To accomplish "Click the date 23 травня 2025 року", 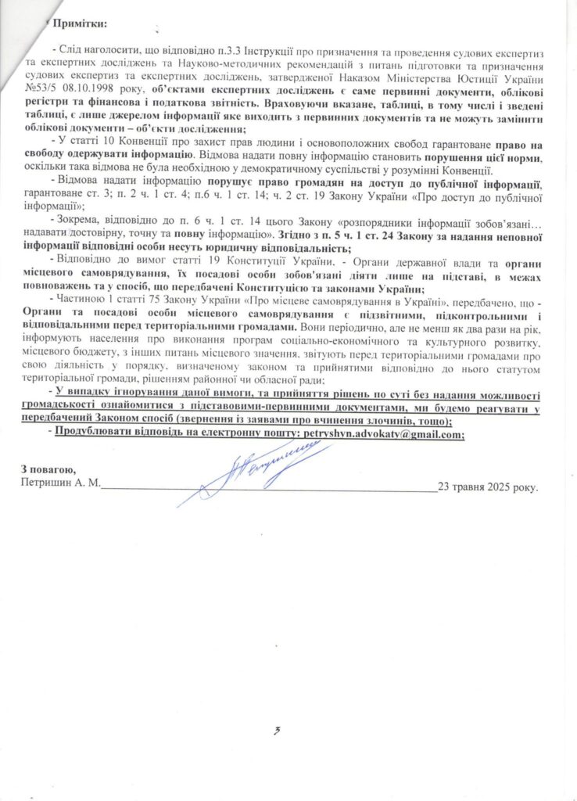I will click(x=488, y=486).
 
